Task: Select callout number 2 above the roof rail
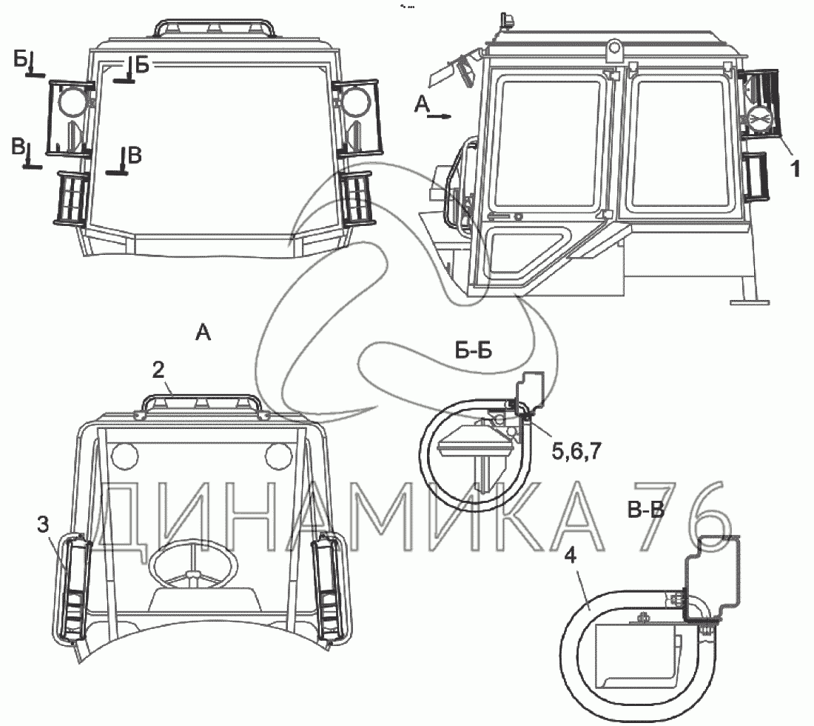(158, 370)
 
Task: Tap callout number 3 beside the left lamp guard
(43, 524)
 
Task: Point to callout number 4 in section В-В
(570, 556)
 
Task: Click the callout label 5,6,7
(576, 451)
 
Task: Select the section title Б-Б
(474, 351)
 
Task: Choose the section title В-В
(646, 511)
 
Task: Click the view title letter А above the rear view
(203, 332)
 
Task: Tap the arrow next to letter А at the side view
(439, 117)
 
